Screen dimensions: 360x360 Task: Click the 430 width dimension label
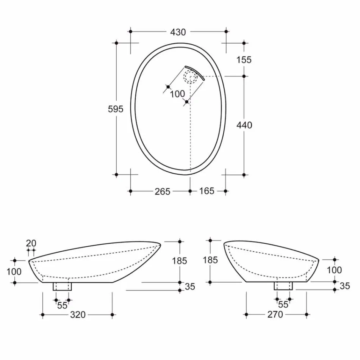coord(178,32)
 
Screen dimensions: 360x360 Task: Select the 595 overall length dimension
coord(116,109)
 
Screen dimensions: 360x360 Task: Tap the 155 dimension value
coord(244,59)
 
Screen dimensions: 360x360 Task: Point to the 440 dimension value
coord(244,125)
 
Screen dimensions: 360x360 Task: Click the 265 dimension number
coord(162,191)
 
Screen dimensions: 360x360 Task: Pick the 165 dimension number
coord(207,191)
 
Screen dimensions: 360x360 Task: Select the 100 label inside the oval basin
coord(177,94)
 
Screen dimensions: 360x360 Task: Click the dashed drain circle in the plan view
coord(190,77)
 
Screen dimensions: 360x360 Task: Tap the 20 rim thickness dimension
coord(31,243)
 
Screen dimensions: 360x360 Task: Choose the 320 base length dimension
coord(78,315)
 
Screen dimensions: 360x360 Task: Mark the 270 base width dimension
coord(275,315)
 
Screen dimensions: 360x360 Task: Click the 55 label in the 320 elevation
coord(62,305)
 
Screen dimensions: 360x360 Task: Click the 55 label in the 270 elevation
coord(283,305)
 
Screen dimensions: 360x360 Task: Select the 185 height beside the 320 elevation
coord(179,261)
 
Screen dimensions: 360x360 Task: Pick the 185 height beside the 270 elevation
coord(210,260)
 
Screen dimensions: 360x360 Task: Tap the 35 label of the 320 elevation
coord(189,286)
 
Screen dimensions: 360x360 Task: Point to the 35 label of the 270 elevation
coord(344,286)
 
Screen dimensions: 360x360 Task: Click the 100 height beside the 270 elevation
coord(334,270)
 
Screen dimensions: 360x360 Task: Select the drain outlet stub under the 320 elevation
coord(62,286)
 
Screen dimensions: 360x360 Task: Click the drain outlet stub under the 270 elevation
coord(283,286)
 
